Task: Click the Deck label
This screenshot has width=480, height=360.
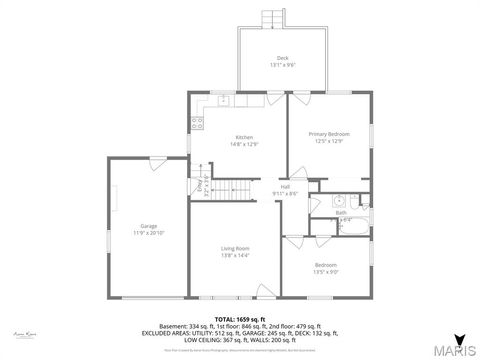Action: click(x=282, y=56)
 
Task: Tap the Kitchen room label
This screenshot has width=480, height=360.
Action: click(x=244, y=137)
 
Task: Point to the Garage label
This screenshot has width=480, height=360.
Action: click(x=149, y=226)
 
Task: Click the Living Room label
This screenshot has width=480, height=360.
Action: click(x=235, y=248)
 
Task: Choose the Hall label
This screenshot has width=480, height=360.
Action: click(x=285, y=187)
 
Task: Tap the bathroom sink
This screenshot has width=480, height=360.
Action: click(x=339, y=200)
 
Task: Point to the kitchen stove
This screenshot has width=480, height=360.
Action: click(x=197, y=125)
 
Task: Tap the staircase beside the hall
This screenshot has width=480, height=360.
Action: click(x=236, y=186)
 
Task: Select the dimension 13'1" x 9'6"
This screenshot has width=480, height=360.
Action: click(x=282, y=64)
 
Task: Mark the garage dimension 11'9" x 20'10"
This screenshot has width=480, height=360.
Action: click(x=149, y=233)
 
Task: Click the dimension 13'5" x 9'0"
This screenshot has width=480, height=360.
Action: click(x=326, y=271)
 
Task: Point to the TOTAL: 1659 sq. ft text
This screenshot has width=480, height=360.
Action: click(x=240, y=318)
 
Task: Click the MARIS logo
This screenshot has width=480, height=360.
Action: click(x=458, y=347)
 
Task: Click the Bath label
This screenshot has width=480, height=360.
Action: click(x=341, y=212)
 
